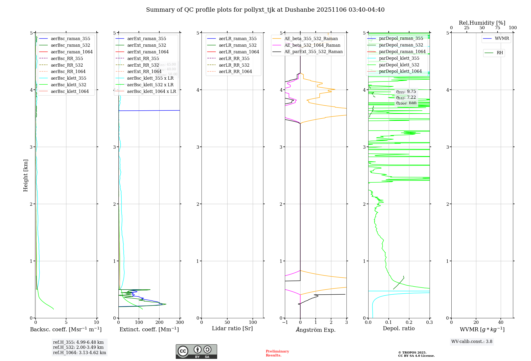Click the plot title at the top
click(x=265, y=10)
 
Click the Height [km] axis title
click(x=25, y=175)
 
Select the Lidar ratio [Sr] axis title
click(x=232, y=329)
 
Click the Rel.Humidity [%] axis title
click(x=482, y=23)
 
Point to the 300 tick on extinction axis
click(x=180, y=323)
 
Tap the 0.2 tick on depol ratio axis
click(x=409, y=323)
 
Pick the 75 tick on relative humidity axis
click(x=497, y=28)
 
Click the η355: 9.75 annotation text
click(x=406, y=92)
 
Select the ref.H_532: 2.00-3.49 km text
click(x=78, y=347)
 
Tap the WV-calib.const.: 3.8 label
click(x=472, y=342)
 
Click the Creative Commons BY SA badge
click(x=196, y=352)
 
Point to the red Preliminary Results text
click(x=277, y=353)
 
